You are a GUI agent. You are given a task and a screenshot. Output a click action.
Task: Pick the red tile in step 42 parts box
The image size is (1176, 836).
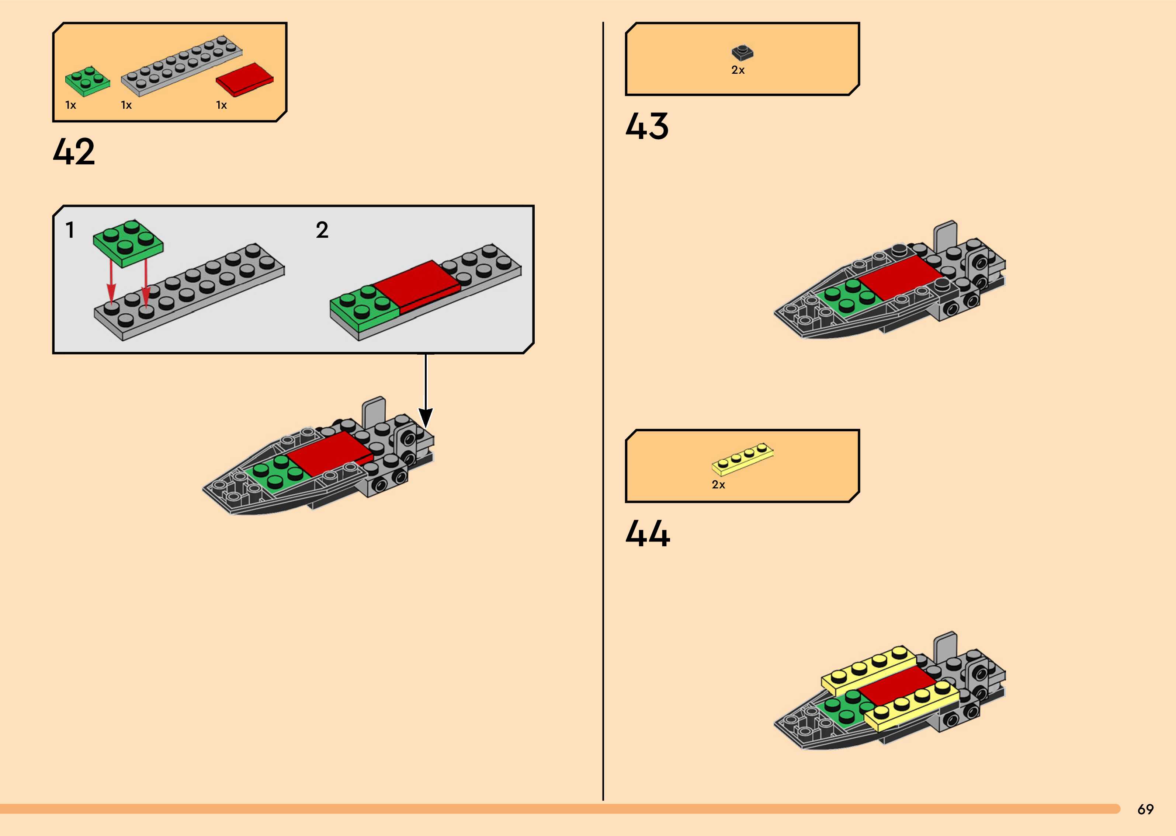(244, 79)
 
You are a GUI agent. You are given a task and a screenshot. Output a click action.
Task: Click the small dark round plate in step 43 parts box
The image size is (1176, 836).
(742, 52)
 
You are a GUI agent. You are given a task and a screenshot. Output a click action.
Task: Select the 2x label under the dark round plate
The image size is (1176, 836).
(738, 70)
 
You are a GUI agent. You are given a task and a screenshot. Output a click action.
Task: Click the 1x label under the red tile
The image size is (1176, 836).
(221, 105)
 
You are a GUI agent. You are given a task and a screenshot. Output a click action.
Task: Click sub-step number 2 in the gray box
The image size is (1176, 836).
(322, 230)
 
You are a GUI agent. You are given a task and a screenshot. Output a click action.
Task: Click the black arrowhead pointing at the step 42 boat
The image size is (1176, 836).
(425, 418)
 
